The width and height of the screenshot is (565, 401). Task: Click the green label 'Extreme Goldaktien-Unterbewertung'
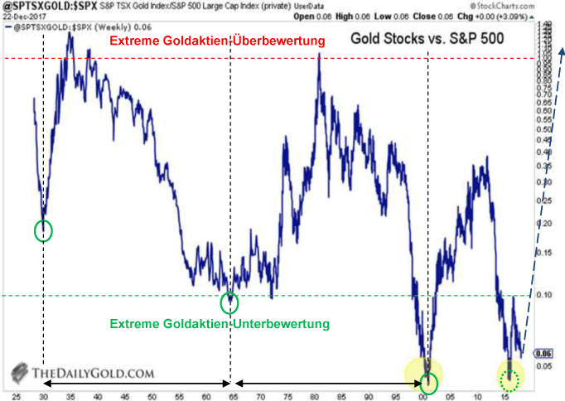(219, 323)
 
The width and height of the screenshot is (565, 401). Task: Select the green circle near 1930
(42, 229)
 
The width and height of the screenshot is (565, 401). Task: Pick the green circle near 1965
(229, 303)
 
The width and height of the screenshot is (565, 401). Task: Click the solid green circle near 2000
(428, 382)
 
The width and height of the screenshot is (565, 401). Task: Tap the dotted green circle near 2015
(510, 379)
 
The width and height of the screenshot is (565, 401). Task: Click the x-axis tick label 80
(316, 396)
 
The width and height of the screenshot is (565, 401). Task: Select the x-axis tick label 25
(16, 396)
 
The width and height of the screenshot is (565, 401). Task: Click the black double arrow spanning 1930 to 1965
(136, 384)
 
